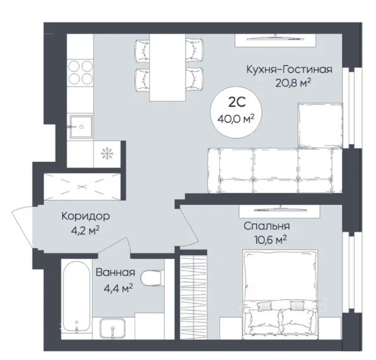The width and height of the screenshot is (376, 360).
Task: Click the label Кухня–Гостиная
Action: (290, 69)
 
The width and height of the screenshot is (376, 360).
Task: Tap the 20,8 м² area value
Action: (293, 83)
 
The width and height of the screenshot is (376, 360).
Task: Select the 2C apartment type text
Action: (237, 103)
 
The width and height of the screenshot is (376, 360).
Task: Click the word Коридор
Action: (86, 216)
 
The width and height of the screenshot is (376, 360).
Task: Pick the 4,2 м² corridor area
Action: (85, 231)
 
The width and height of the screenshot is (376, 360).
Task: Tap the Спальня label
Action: (267, 226)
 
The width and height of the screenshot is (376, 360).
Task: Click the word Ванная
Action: (115, 272)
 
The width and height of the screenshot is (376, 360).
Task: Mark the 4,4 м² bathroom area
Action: (118, 288)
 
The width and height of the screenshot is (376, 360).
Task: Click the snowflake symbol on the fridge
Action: (106, 154)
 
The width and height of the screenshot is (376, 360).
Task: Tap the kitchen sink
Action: (81, 127)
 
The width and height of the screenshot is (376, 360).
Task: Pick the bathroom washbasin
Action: (112, 328)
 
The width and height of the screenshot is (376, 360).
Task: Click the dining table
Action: (167, 68)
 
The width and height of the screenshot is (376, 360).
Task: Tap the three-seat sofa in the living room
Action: (275, 170)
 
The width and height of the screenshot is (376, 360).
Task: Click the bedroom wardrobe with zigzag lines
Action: (193, 297)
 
